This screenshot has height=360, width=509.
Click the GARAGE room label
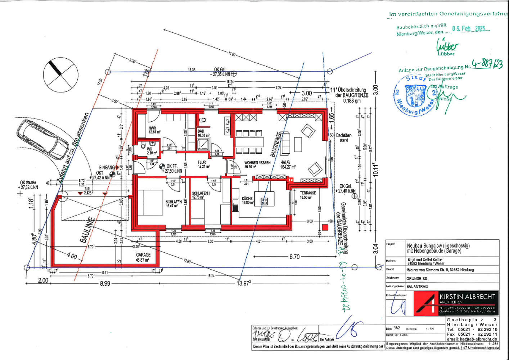coord(143,255)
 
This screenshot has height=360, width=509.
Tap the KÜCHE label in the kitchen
coord(247,198)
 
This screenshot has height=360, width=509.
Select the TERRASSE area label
coord(308,193)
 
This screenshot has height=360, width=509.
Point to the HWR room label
coord(152,128)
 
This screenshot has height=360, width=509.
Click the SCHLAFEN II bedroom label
coord(201,193)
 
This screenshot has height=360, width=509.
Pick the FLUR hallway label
coord(202,162)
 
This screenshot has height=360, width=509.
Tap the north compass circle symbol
coord(60,75)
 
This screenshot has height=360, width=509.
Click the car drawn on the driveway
coord(42,139)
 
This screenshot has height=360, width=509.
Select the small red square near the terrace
coord(325,227)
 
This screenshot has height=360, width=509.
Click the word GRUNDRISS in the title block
coord(417,279)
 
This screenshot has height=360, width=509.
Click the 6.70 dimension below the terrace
coord(294,257)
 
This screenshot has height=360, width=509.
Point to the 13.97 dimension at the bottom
coord(243,283)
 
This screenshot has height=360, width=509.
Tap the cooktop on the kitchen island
coord(264,201)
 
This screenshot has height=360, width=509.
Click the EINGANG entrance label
coord(107,167)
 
